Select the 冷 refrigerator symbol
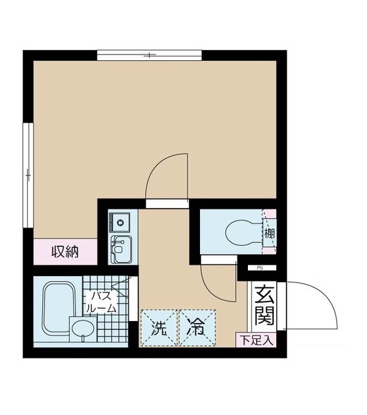[196, 327]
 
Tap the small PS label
[259, 267]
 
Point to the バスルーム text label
[102, 303]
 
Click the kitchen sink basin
[120, 248]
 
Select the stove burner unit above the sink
[120, 223]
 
